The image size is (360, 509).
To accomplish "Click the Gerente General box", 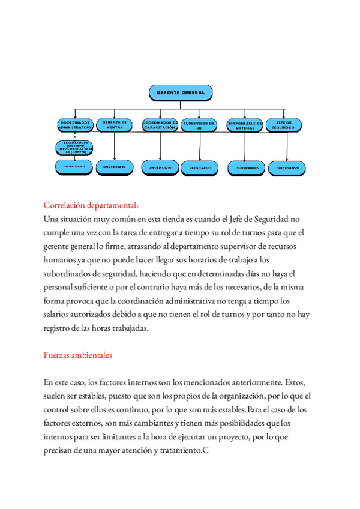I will tap(181, 92).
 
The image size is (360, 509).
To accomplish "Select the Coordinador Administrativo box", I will tap(74, 125).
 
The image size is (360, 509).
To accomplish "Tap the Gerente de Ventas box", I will tap(115, 124).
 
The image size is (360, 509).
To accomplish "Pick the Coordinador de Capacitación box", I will tap(160, 125).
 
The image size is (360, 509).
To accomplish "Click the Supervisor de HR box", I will tap(199, 125).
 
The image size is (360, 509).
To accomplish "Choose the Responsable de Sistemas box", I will tap(245, 125).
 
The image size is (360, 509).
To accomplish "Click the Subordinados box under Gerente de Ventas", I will tap(115, 167).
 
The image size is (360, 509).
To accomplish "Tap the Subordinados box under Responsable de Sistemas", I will tap(247, 168).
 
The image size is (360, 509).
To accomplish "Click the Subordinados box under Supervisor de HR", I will tap(200, 168).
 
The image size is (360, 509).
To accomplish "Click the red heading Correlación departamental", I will tap(91, 205).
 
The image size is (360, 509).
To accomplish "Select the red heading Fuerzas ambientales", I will tap(78, 355).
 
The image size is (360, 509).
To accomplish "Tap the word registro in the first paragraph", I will tap(59, 328).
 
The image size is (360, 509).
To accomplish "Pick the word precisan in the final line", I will tap(61, 451).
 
